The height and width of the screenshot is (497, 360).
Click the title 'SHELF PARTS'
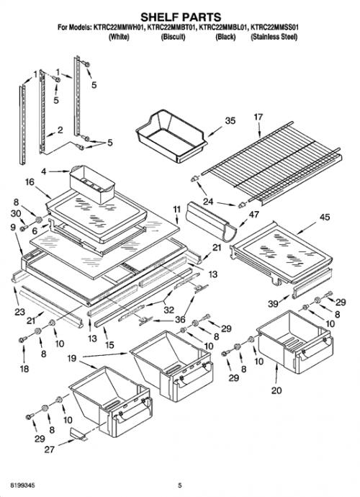tap(181, 17)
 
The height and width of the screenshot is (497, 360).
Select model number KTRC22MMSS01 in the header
tap(274, 27)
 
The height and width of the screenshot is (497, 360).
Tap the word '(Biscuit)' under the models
tap(173, 37)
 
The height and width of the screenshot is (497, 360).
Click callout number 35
tap(230, 121)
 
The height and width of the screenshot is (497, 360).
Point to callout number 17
tap(258, 117)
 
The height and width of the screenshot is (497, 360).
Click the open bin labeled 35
tap(171, 136)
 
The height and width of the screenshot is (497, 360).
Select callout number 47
tap(254, 215)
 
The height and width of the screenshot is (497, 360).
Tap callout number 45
tap(325, 217)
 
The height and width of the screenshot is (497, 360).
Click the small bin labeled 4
tap(92, 184)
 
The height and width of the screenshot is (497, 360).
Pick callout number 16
tap(30, 182)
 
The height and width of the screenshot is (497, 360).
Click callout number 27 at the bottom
tap(50, 449)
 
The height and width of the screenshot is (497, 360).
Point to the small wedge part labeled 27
tap(78, 434)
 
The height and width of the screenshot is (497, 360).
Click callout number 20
tap(276, 390)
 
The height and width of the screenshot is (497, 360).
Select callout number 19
tap(72, 359)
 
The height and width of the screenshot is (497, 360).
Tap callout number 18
tap(24, 369)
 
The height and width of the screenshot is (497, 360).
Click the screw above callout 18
tap(23, 339)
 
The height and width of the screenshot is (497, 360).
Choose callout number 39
tap(273, 304)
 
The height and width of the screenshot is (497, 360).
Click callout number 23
tap(19, 312)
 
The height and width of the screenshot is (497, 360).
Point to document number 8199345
tap(23, 485)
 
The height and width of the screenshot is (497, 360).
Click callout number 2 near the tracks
tap(60, 130)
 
